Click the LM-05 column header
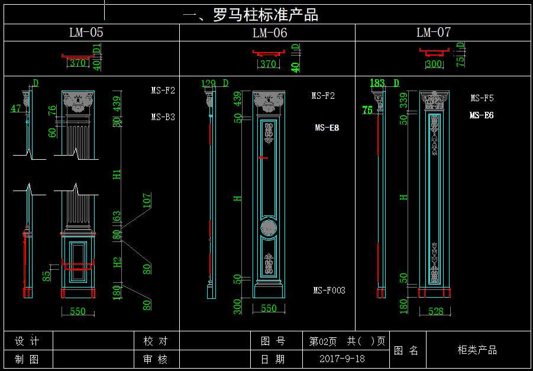pos(86,33)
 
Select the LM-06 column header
pos(270,33)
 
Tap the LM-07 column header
pos(434,33)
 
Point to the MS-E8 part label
pos(327,128)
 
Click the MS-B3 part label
pos(163,117)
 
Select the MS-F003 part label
pos(329,291)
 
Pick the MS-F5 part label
pos(482,98)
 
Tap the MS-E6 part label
pos(482,115)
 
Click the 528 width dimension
pos(435,311)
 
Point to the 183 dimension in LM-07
pos(377,83)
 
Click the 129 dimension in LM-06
pos(208,83)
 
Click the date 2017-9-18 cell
pos(342,359)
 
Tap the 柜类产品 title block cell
pos(477,350)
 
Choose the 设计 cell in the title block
pos(27,341)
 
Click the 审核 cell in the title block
pos(156,359)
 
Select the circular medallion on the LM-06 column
pos(269,228)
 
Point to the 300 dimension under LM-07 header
pos(434,64)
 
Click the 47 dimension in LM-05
pos(15,108)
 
